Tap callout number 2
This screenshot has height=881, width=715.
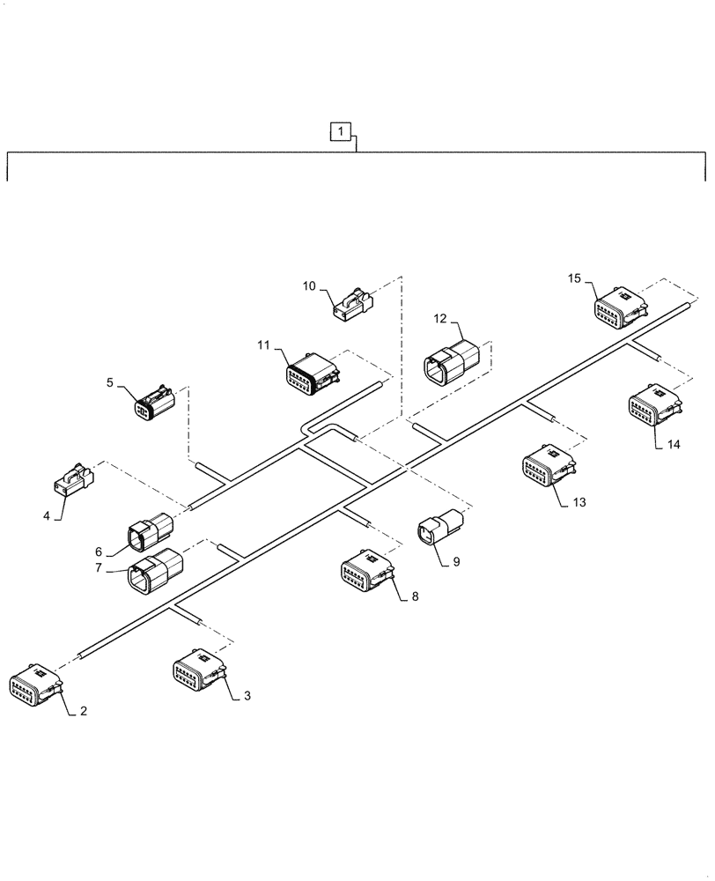pos(84,711)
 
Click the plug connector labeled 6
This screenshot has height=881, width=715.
pos(151,531)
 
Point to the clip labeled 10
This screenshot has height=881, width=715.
pos(352,302)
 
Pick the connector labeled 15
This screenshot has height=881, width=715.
pos(619,312)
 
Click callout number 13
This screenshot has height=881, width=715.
pos(578,502)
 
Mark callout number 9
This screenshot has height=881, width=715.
pos(456,560)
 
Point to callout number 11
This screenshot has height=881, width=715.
pos(263,346)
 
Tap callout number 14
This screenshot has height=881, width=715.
pos(673,446)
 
